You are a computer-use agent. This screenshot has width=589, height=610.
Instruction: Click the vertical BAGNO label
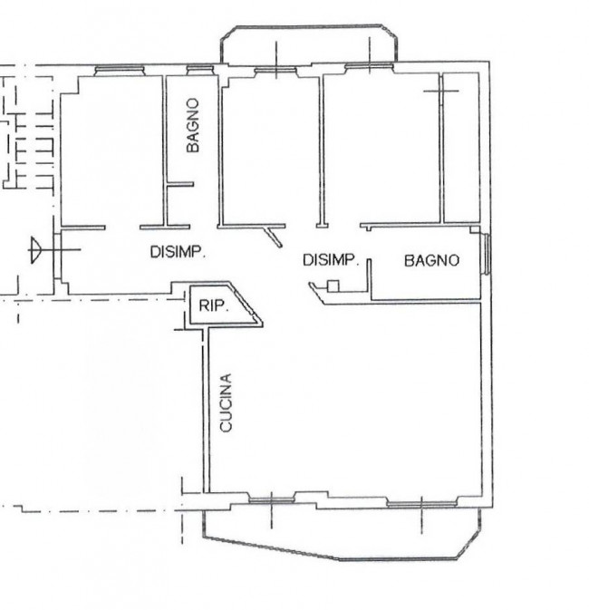pos(193,125)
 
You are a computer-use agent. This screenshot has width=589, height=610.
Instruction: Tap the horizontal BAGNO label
pos(432,260)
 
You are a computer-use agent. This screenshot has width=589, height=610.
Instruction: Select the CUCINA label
pos(226,402)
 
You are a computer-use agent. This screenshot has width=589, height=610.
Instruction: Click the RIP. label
pos(214,305)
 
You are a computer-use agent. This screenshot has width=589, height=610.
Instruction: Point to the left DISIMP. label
pos(178,252)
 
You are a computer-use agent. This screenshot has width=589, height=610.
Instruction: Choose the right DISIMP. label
pos(330,260)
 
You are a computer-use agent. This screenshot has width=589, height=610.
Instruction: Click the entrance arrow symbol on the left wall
pos(35,250)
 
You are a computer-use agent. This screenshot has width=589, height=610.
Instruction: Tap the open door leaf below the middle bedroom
pos(273,237)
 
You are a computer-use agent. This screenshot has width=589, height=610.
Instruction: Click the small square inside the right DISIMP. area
pos(333,286)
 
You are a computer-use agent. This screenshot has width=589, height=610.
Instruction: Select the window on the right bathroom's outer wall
pos(486,254)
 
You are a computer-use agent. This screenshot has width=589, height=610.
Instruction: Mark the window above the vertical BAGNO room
pos(200,70)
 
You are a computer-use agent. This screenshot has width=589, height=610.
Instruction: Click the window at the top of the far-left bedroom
pos(120,70)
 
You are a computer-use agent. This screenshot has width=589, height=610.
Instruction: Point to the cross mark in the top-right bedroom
pos(440,91)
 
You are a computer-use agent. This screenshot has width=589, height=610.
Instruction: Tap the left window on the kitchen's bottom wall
pos(272,500)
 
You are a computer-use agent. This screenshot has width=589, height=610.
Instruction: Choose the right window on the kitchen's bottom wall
pos(421,504)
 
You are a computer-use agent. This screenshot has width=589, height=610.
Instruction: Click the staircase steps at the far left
pos(27,151)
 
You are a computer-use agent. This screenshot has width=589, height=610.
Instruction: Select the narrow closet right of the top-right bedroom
pos(461,148)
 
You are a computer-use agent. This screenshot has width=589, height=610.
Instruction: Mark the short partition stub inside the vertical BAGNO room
pos(180,184)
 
